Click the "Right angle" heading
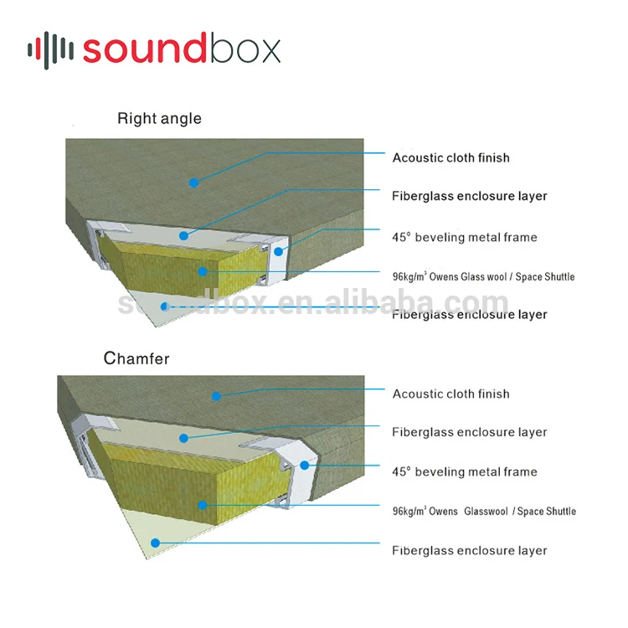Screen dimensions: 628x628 (x=159, y=118)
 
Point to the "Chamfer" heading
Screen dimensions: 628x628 (x=136, y=359)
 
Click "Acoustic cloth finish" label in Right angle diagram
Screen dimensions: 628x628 (x=450, y=157)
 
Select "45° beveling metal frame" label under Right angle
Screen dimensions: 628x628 (x=465, y=237)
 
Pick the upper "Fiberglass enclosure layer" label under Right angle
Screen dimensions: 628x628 (x=469, y=196)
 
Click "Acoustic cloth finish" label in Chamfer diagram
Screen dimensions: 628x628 (x=450, y=394)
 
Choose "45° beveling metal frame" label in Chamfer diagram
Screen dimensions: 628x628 (x=465, y=471)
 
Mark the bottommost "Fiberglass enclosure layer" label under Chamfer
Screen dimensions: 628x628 (x=469, y=550)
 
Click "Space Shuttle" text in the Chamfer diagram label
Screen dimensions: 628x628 (x=547, y=511)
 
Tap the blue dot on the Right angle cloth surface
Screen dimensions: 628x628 (x=193, y=181)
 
